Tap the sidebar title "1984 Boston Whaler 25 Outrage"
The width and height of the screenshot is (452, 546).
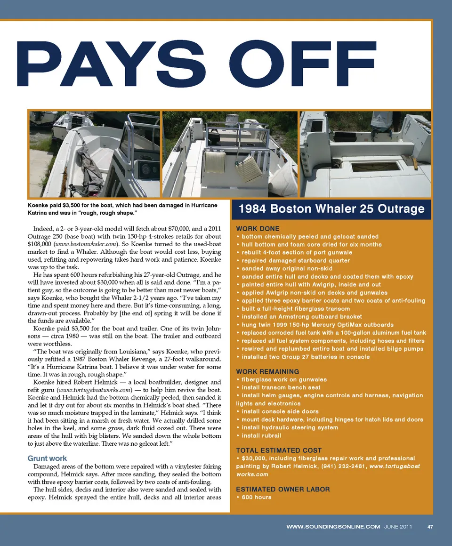tap(332, 209)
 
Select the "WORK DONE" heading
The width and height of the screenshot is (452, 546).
tap(258, 229)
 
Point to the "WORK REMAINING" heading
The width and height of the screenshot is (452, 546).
tap(267, 371)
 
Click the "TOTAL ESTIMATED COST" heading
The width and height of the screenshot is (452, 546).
tap(279, 450)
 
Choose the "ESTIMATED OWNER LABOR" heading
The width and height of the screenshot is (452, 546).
tap(283, 489)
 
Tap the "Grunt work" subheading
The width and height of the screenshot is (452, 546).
tap(47, 458)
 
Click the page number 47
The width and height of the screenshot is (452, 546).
tap(430, 527)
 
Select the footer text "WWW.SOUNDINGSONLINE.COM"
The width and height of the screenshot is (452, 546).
tap(333, 527)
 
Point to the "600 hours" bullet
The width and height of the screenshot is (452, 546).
tap(256, 497)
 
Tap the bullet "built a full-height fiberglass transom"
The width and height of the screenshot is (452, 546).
tap(296, 308)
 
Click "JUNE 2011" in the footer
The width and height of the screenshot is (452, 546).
tap(398, 527)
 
